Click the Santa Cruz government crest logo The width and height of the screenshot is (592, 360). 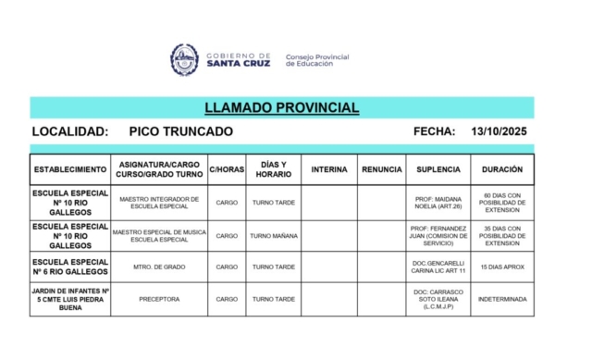pos(184,59)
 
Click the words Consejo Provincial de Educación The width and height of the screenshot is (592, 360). pos(317,60)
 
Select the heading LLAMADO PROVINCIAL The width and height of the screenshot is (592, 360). pos(281,108)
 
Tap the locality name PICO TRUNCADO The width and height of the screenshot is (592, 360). pos(180,131)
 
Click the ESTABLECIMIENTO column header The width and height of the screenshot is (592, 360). pos(70,169)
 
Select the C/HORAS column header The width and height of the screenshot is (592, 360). pos(227,169)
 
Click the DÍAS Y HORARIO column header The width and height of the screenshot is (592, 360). pos(273,169)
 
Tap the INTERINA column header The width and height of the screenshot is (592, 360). pos(329,169)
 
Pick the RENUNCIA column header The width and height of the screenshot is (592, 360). pos(381,169)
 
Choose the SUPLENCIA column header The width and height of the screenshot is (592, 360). pos(438,169)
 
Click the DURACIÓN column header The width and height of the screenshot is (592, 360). pos(502,169)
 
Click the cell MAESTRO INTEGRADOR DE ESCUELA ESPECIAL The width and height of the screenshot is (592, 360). pos(159,203)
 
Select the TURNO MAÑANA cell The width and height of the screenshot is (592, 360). pos(273,236)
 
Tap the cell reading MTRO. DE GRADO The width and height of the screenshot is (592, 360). pos(159,267)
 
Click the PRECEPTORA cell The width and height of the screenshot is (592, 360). pos(159,299)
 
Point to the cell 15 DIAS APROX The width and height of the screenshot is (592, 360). pos(502,267)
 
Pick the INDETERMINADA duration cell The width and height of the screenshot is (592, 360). pos(502,299)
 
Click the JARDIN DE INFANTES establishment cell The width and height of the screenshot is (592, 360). pos(70,299)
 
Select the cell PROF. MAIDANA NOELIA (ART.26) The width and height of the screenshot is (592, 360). pos(438,203)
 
